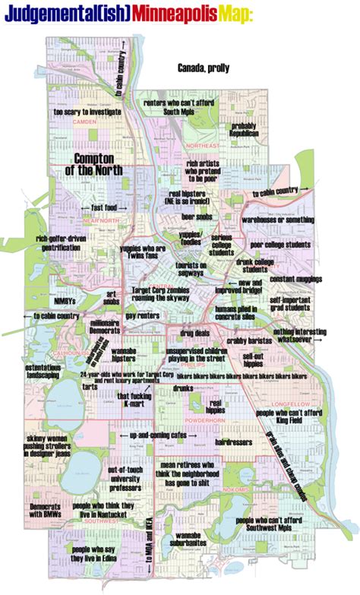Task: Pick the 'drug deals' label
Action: point(195,333)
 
